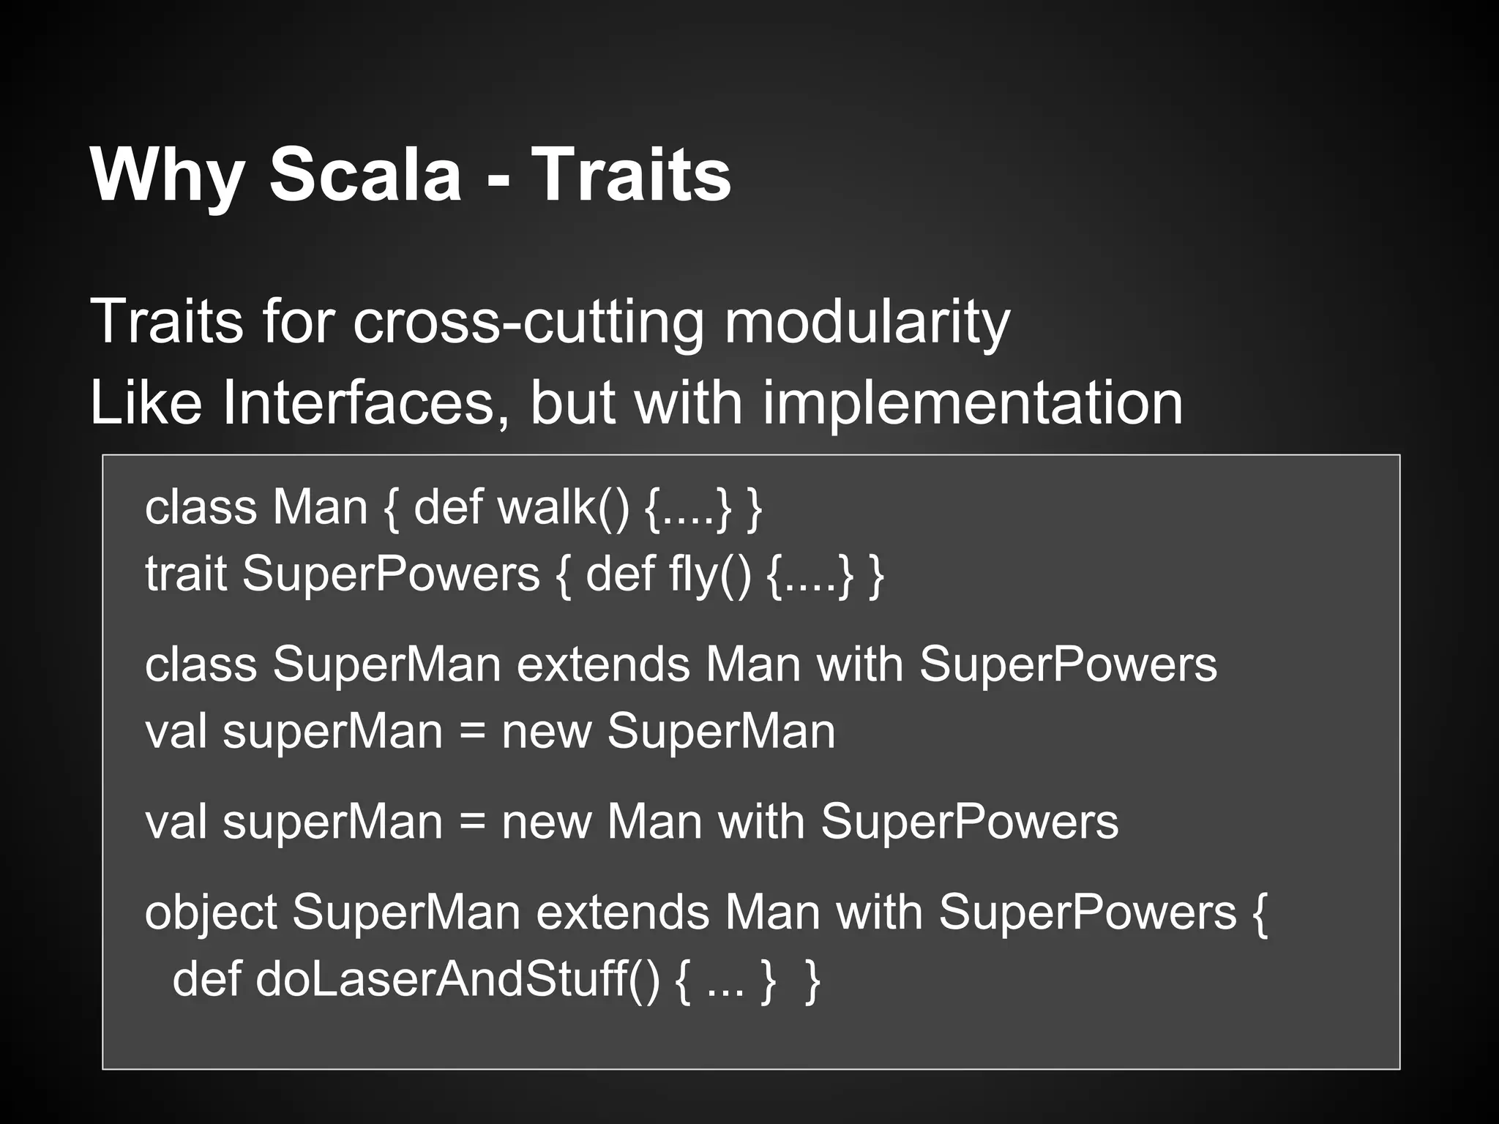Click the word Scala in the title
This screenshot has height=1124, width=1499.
(365, 176)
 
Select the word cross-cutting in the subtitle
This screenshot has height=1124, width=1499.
(528, 322)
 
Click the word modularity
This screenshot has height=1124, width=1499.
(867, 322)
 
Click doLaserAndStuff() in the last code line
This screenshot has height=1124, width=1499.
(457, 978)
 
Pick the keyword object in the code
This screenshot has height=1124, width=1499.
(210, 913)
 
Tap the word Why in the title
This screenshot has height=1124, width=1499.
(167, 176)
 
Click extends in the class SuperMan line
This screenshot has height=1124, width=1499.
(603, 664)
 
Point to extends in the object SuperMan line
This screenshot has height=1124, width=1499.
(622, 913)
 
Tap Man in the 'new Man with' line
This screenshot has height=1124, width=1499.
(654, 822)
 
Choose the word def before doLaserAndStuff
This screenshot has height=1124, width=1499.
(206, 978)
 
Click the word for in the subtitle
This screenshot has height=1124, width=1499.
(299, 322)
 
